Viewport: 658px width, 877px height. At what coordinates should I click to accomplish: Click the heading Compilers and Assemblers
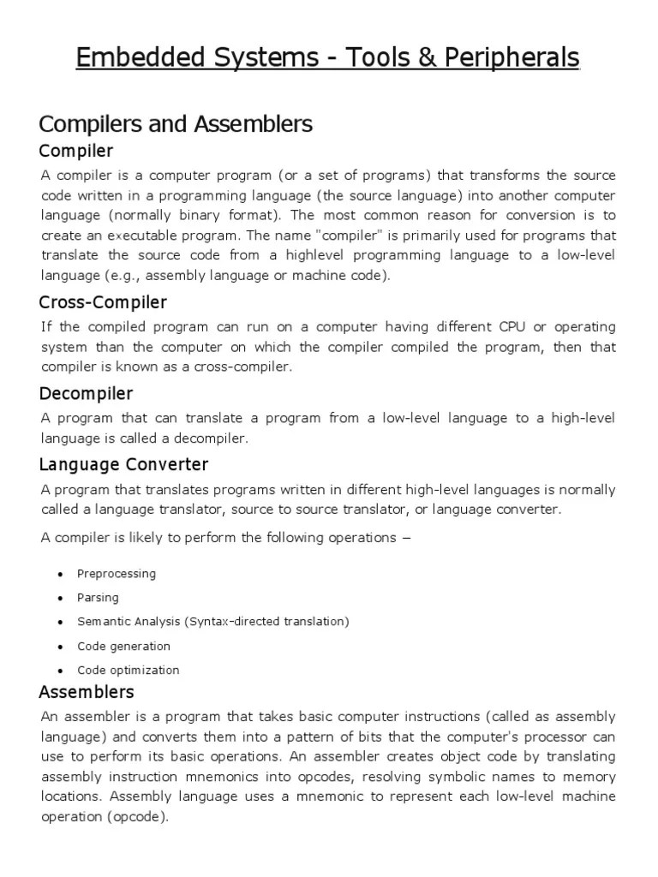pyautogui.click(x=176, y=124)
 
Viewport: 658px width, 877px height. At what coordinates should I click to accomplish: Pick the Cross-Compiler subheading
pyautogui.click(x=104, y=302)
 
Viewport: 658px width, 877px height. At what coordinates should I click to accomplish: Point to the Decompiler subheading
pyautogui.click(x=87, y=393)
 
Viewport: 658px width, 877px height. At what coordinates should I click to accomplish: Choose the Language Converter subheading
pyautogui.click(x=124, y=464)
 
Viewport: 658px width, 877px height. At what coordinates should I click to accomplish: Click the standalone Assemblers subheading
pyautogui.click(x=87, y=691)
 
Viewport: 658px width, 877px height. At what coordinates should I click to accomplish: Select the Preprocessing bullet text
pyautogui.click(x=117, y=574)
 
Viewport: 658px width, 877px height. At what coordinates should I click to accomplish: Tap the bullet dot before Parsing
pyautogui.click(x=60, y=598)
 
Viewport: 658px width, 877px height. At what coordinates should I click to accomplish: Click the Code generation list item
pyautogui.click(x=123, y=646)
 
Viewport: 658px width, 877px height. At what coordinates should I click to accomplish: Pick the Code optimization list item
pyautogui.click(x=129, y=670)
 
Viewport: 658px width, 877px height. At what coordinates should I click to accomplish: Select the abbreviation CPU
pyautogui.click(x=506, y=327)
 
